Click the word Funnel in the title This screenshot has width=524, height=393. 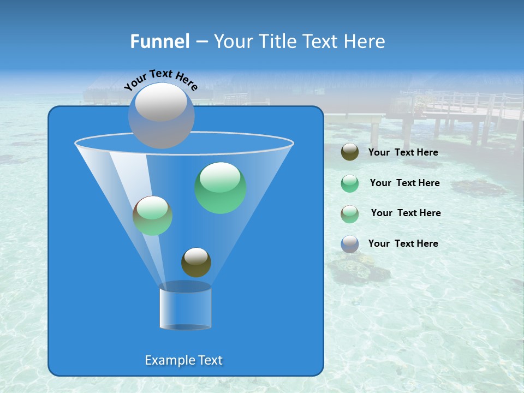159,41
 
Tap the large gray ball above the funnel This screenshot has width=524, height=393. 162,115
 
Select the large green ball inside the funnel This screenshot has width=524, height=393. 221,188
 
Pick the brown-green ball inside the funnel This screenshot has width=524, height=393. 153,216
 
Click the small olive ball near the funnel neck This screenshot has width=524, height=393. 196,262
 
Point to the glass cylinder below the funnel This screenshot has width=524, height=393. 186,306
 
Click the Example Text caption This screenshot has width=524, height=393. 184,360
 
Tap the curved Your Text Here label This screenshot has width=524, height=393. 160,80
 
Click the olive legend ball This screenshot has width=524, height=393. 350,152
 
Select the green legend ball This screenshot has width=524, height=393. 350,183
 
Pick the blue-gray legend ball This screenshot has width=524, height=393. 350,244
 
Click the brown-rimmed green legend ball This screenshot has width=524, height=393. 350,214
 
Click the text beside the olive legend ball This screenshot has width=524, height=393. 403,153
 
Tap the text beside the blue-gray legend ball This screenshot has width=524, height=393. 403,243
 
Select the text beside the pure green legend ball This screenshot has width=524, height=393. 404,183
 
